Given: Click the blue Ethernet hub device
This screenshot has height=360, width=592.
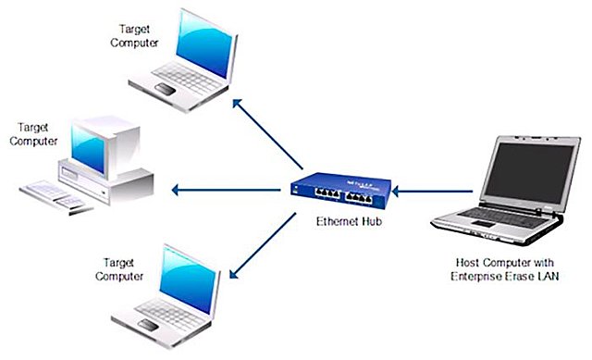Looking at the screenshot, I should tap(341, 189).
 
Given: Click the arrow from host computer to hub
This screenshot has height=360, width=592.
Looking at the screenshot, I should tap(436, 192).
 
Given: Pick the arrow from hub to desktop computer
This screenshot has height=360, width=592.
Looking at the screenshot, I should tap(227, 192).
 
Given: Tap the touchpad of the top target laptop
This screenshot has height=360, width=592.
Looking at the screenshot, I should tap(166, 89).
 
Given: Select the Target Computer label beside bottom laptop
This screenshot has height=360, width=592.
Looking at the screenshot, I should tap(123, 269).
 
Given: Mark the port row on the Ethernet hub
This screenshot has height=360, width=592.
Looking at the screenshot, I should tap(342, 194).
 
